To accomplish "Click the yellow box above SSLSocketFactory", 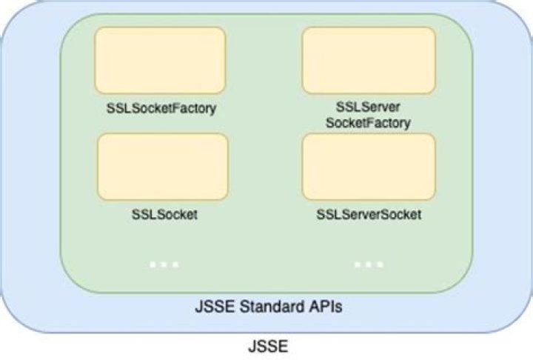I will point(161,59).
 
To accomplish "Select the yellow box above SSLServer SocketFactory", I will point(369,60).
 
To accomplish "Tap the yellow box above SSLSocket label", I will point(162,167).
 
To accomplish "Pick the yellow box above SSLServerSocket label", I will point(369,167).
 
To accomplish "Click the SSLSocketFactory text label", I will point(161,109).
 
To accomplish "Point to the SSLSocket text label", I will point(163,215).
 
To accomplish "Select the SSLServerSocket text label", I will point(369,215).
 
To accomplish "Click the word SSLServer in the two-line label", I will point(369,108).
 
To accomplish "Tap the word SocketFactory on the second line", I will point(369,122).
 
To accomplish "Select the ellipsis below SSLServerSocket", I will point(369,264).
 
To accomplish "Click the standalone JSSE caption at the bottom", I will point(266,346).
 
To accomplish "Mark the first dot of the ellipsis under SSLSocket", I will point(152,264).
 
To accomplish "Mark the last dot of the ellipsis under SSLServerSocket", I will point(380,264).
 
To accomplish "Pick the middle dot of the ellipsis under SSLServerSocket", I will point(369,264).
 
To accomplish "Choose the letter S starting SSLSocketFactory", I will point(110,109).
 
